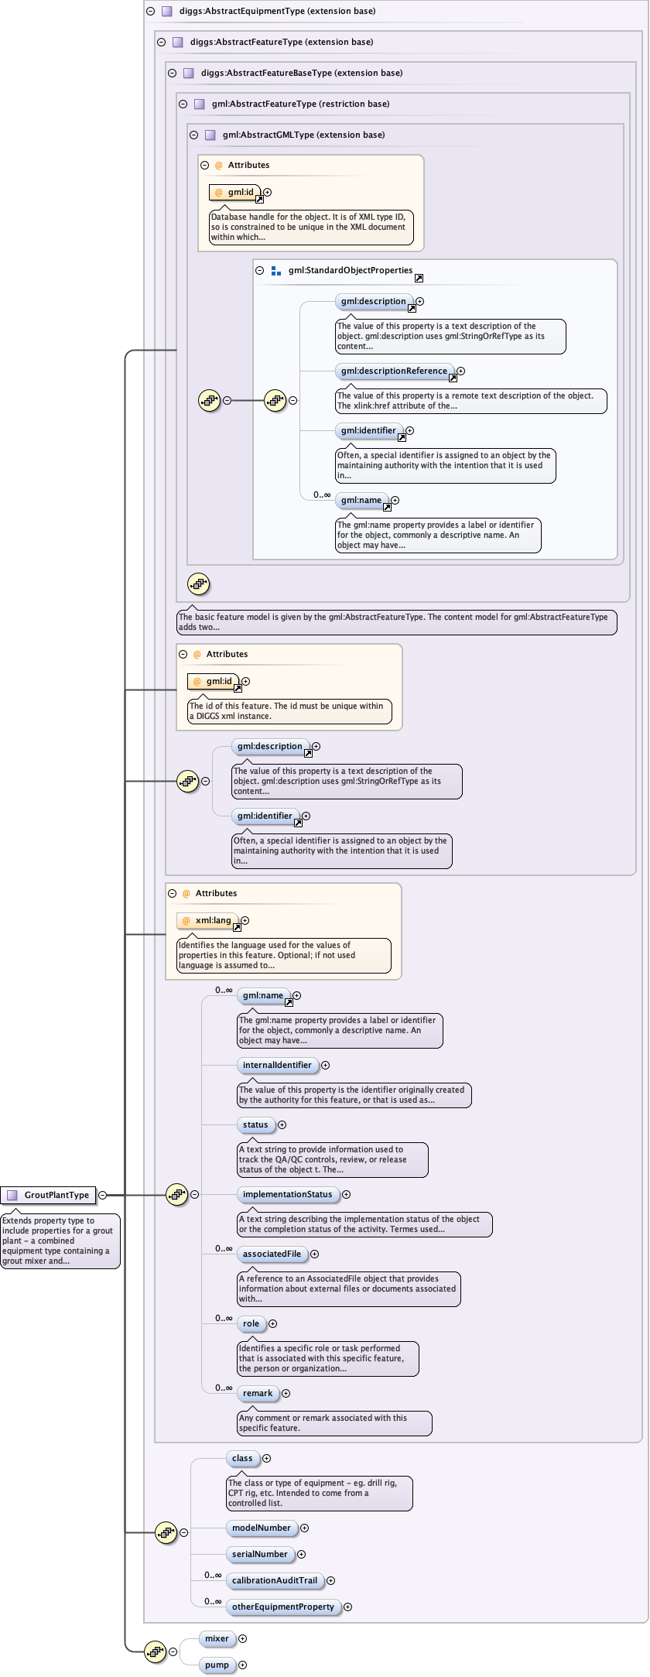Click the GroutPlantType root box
50,1195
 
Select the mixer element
217,1638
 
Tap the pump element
217,1665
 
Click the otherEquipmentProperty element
283,1607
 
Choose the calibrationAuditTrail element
275,1580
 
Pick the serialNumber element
260,1554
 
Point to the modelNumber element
262,1528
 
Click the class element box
242,1458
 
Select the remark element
258,1393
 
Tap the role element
251,1323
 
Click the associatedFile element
272,1254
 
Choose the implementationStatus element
287,1194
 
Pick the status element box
255,1124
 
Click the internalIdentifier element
277,1065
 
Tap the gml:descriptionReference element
394,371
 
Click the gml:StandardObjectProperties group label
351,270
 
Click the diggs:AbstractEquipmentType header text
278,11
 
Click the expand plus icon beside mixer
243,1638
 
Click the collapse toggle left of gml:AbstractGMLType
194,135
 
